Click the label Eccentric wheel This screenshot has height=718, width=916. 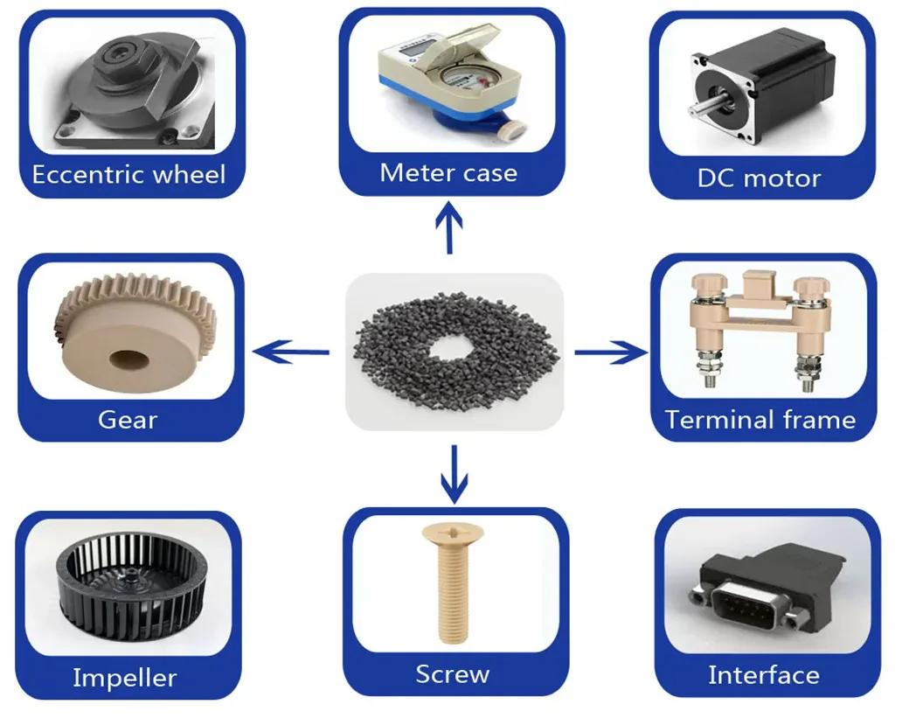[128, 173]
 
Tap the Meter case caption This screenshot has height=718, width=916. [448, 172]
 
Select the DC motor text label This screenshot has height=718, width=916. [759, 178]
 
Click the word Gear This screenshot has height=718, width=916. [128, 420]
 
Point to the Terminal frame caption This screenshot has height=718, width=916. [760, 420]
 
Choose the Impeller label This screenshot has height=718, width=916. [124, 677]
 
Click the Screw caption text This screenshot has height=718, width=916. [452, 674]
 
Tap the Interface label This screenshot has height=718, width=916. [763, 675]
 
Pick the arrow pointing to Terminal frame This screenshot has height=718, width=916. [611, 352]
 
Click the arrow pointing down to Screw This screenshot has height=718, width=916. [454, 474]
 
